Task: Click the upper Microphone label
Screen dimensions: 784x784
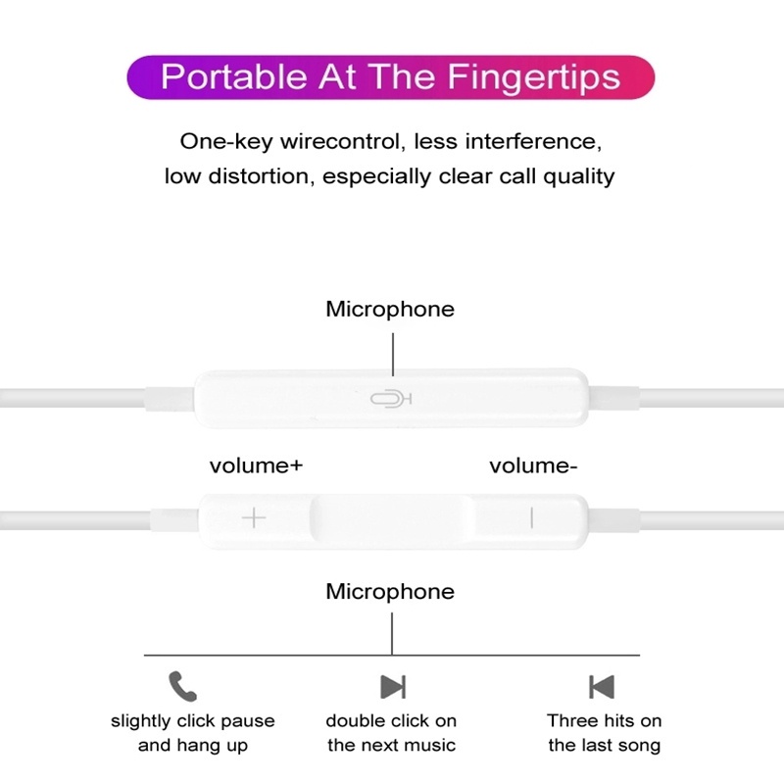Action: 390,309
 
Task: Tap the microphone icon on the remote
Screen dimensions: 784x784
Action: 390,399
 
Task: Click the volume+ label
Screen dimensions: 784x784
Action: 256,465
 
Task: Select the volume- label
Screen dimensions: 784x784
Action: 533,465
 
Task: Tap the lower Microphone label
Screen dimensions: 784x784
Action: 390,591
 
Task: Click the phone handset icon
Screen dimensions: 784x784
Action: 182,684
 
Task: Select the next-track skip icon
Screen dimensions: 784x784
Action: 392,686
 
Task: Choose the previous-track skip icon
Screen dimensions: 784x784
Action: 602,686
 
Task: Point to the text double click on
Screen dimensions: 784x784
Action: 391,721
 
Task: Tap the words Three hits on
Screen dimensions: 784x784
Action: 604,721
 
